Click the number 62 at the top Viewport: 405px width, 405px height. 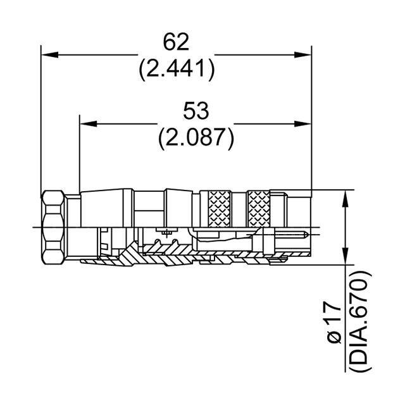[177, 42]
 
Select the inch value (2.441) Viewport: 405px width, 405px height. [177, 68]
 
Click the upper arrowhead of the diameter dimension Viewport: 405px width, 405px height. [346, 197]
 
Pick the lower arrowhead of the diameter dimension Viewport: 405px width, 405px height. [346, 256]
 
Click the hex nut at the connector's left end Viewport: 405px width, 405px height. [54, 227]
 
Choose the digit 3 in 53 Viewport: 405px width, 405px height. [202, 111]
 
